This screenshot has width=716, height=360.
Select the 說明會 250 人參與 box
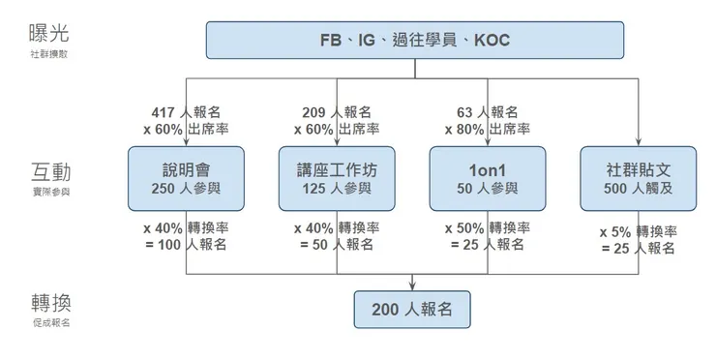click(x=186, y=178)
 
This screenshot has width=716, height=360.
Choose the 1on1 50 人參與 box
click(x=488, y=178)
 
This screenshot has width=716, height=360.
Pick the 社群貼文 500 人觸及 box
click(x=638, y=178)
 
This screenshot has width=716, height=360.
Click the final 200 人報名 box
click(x=413, y=310)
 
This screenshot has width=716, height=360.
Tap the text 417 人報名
click(x=185, y=111)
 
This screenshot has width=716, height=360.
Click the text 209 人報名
click(x=336, y=111)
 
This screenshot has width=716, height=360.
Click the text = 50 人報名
click(x=336, y=246)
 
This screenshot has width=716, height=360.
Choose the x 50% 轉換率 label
click(x=487, y=229)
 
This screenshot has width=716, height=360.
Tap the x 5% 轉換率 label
click(x=638, y=232)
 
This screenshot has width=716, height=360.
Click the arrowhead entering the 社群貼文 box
click(x=639, y=141)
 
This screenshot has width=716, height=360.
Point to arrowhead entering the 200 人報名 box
click(x=413, y=285)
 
